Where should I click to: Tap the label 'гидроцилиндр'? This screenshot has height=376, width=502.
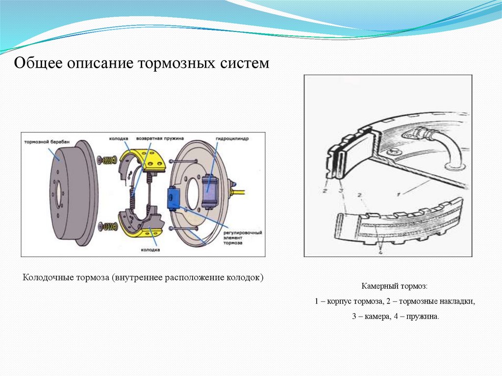pos(231,139)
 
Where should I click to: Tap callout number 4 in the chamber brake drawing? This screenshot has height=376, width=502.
pos(380,252)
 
